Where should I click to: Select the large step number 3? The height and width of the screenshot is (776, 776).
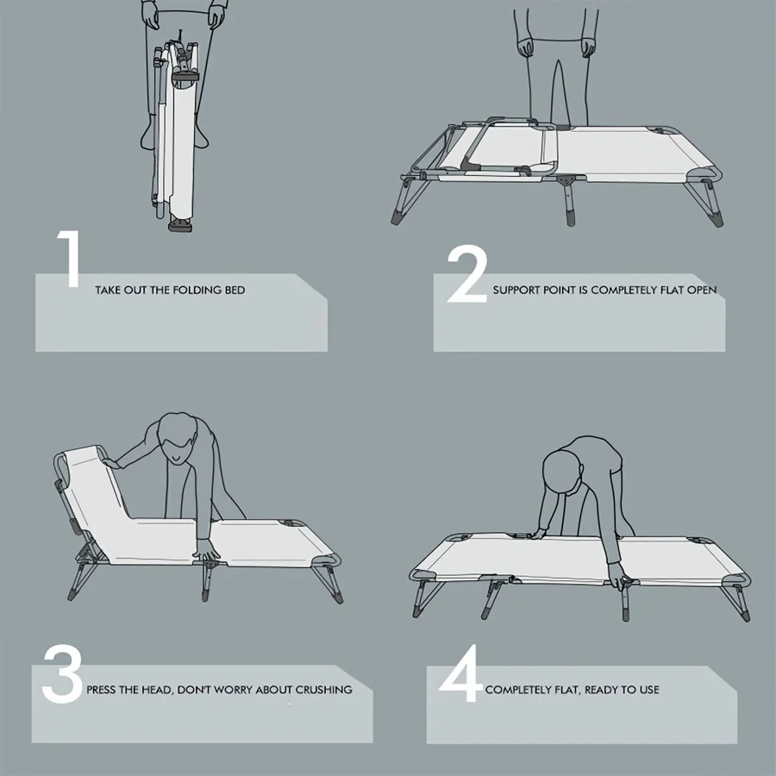click(x=62, y=673)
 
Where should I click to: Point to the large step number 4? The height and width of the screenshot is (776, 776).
click(x=460, y=673)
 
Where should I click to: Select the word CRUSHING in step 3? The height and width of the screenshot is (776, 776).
click(x=323, y=690)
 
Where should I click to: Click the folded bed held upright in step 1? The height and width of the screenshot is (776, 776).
click(x=174, y=134)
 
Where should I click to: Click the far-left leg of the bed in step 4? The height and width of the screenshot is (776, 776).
click(x=426, y=599)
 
